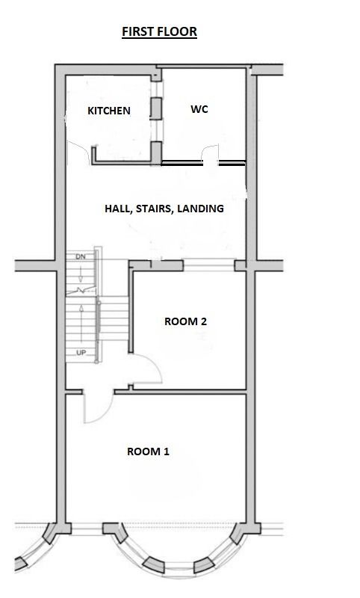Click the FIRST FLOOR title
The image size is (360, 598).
pyautogui.click(x=159, y=31)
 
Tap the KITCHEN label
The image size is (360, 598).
pyautogui.click(x=109, y=111)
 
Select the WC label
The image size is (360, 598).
pyautogui.click(x=199, y=109)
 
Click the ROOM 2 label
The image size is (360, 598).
pyautogui.click(x=185, y=321)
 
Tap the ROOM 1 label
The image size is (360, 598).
pyautogui.click(x=148, y=451)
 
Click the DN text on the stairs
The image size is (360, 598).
pyautogui.click(x=81, y=256)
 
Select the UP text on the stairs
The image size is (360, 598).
pyautogui.click(x=81, y=353)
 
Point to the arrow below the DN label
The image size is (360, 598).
pyautogui.click(x=81, y=274)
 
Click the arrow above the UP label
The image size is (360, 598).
pyautogui.click(x=81, y=324)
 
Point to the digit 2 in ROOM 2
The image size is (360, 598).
pyautogui.click(x=204, y=321)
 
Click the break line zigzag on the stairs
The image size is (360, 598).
pyautogui.click(x=81, y=292)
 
